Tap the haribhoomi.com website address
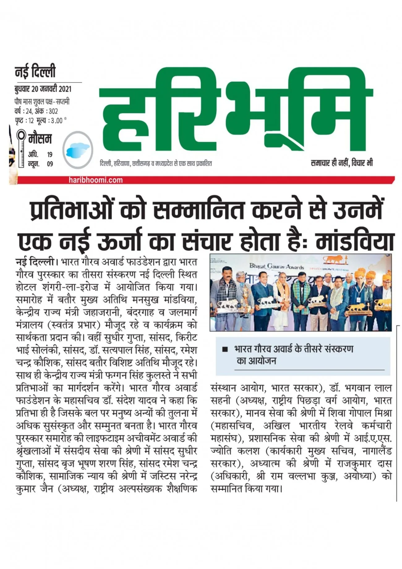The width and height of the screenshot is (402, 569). click(96, 180)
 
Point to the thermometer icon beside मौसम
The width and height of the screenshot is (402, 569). click(21, 148)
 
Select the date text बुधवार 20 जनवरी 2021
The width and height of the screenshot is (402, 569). click(43, 89)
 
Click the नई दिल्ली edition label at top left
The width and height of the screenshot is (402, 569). click(35, 72)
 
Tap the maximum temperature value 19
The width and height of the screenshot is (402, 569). click(50, 154)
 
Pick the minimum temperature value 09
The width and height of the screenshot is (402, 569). click(50, 164)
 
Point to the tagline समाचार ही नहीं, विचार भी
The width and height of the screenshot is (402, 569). click(342, 163)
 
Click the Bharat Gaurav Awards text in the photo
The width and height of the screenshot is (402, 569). click(277, 266)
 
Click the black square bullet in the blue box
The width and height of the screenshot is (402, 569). click(225, 349)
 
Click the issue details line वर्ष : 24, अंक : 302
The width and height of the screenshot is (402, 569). click(36, 111)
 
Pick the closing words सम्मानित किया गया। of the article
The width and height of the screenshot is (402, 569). click(246, 489)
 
